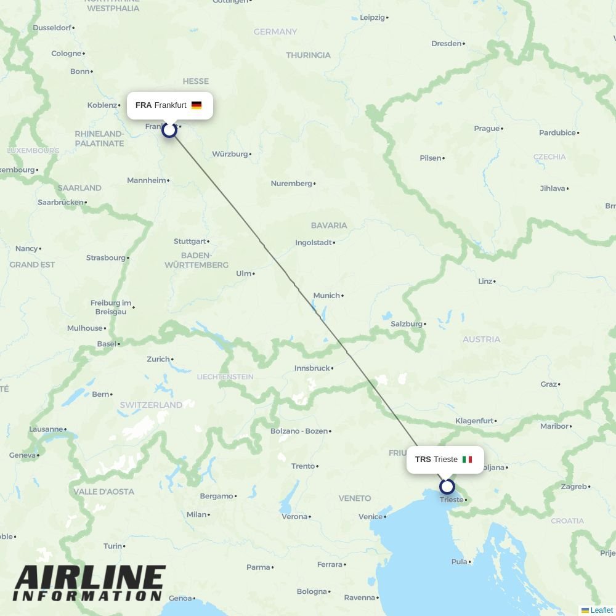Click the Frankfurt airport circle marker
click(169, 129)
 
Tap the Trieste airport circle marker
click(447, 487)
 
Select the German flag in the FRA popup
click(197, 105)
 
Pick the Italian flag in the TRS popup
click(467, 460)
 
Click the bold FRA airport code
click(144, 105)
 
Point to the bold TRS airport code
click(423, 460)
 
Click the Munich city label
click(326, 296)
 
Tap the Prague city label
click(487, 129)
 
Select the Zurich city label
click(158, 359)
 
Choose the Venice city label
click(370, 517)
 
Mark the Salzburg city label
click(407, 324)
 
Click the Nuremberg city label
click(291, 184)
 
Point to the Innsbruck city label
click(312, 368)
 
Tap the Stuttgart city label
click(190, 241)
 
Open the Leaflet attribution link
click(601, 610)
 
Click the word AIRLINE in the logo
click(89, 579)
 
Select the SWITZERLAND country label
click(151, 405)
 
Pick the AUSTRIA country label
click(481, 339)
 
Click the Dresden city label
click(447, 44)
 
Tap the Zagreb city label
click(573, 487)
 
